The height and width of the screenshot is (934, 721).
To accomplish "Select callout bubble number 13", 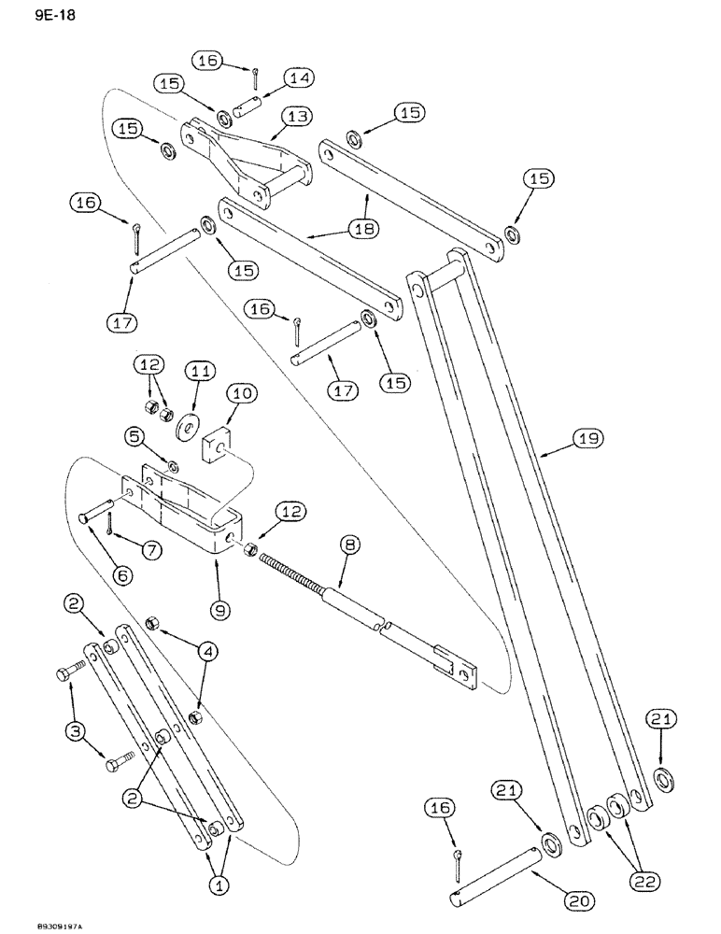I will [298, 117].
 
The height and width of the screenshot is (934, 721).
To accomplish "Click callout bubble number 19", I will [590, 436].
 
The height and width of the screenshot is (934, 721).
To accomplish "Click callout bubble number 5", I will [132, 436].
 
